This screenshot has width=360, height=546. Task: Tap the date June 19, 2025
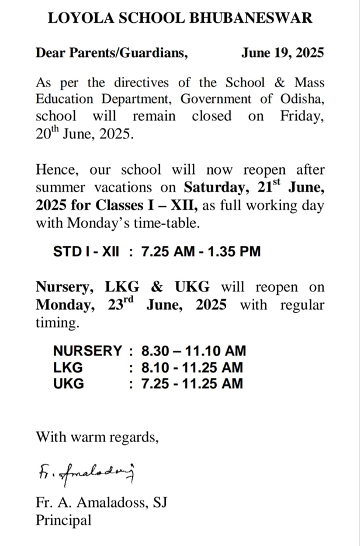tap(282, 53)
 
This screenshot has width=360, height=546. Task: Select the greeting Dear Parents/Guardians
tap(112, 53)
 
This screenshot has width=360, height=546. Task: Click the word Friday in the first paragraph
tap(301, 116)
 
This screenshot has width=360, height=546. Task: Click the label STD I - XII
tap(86, 252)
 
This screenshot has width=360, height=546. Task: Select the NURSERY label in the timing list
tap(88, 351)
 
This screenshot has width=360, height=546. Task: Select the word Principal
tap(64, 520)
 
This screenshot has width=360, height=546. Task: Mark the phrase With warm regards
tap(97, 436)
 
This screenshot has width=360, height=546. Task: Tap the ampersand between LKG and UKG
tap(157, 288)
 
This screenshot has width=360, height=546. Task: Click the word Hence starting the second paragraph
tap(57, 171)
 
